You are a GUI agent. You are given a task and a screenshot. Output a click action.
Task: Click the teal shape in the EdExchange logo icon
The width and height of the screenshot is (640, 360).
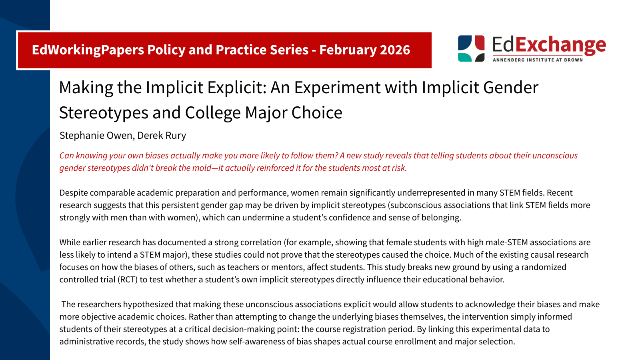tap(464, 57)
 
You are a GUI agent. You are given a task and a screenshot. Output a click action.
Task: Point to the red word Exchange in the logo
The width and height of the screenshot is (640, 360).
tap(560, 46)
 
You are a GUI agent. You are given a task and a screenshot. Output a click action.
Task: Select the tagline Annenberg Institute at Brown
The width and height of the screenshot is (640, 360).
tap(538, 60)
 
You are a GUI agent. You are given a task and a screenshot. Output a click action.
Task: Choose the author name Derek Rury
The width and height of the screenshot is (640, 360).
tap(162, 136)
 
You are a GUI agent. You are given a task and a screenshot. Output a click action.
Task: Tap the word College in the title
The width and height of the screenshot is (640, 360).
tap(213, 113)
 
